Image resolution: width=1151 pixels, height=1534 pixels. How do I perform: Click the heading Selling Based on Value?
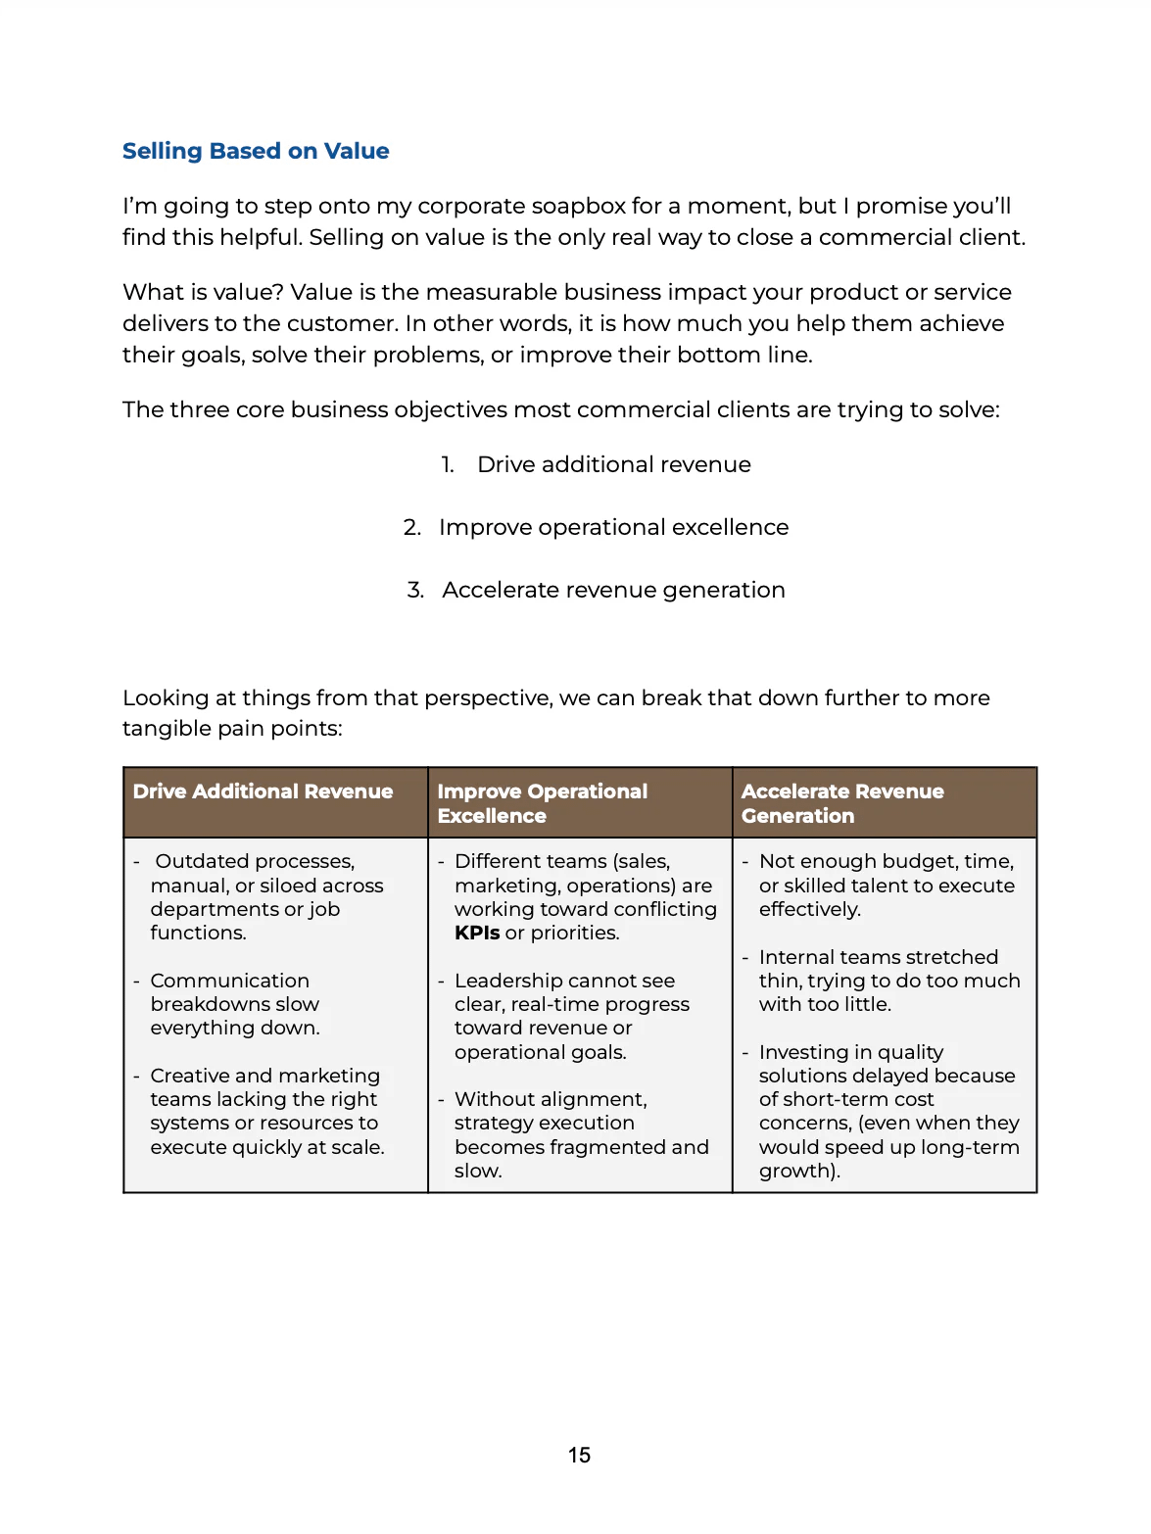click(x=256, y=151)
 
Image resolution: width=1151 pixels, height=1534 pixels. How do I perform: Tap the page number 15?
click(x=579, y=1456)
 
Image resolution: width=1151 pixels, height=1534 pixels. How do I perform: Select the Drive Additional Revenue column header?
click(x=263, y=791)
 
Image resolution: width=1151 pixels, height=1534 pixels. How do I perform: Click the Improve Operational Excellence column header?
click(x=542, y=803)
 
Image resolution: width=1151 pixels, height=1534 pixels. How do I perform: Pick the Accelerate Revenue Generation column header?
click(x=842, y=803)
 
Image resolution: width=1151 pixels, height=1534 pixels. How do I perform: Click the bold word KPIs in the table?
click(x=477, y=934)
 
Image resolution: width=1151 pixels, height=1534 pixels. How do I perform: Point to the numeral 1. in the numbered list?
click(x=448, y=465)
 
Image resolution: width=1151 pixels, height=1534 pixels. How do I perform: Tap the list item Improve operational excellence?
click(x=613, y=528)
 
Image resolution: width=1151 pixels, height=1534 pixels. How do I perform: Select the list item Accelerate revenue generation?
click(x=613, y=591)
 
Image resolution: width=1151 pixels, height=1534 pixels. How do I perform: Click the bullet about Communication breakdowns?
click(x=235, y=1004)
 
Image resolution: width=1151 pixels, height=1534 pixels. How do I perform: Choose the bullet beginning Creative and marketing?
click(x=265, y=1111)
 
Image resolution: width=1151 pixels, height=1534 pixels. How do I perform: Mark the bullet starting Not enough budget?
click(x=887, y=886)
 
